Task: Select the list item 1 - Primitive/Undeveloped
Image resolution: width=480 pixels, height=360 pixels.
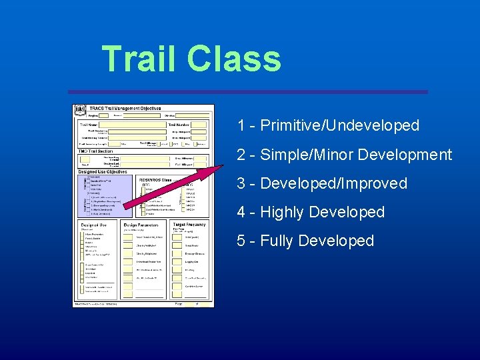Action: pyautogui.click(x=328, y=125)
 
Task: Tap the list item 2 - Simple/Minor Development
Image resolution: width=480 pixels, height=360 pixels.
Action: pyautogui.click(x=344, y=155)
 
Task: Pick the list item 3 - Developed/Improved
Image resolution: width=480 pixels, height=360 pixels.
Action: pyautogui.click(x=322, y=183)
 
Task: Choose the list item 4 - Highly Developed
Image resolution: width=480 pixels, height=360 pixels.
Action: pyautogui.click(x=311, y=213)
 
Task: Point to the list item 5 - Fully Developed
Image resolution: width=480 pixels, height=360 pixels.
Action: pyautogui.click(x=305, y=241)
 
